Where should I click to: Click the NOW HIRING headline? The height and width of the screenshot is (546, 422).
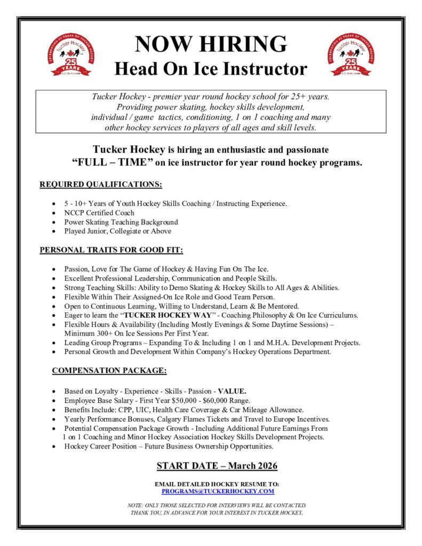click(x=211, y=44)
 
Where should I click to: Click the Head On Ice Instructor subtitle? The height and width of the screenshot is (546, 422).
click(x=211, y=68)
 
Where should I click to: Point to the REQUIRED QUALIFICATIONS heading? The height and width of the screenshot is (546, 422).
click(x=101, y=185)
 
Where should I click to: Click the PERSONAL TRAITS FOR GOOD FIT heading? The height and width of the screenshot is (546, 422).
click(x=111, y=250)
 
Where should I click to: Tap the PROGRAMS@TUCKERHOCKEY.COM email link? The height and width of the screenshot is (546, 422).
click(x=218, y=491)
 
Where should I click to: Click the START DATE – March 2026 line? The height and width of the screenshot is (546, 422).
click(x=217, y=465)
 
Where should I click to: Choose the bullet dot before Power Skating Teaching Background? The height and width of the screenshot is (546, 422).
click(x=53, y=222)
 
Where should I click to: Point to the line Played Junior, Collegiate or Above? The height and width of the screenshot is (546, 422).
click(x=117, y=231)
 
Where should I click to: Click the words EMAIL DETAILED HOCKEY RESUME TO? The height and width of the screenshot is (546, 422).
click(x=217, y=484)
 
